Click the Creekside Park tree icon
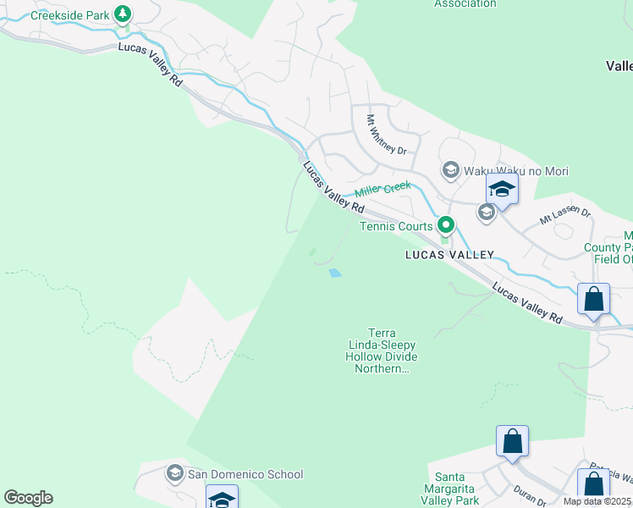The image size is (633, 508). click(124, 14)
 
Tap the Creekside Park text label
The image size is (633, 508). click(71, 14)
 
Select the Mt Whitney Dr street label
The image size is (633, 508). click(386, 135)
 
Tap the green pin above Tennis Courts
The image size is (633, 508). click(445, 225)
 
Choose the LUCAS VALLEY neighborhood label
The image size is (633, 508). click(449, 254)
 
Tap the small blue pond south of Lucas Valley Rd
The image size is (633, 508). click(335, 273)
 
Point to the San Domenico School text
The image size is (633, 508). click(245, 474)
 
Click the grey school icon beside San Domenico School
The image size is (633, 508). click(175, 472)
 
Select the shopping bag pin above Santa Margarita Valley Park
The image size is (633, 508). click(512, 442)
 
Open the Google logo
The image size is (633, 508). click(28, 498)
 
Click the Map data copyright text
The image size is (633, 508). click(597, 501)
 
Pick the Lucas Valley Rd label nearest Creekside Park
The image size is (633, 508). click(151, 63)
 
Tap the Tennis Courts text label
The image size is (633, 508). click(396, 226)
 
